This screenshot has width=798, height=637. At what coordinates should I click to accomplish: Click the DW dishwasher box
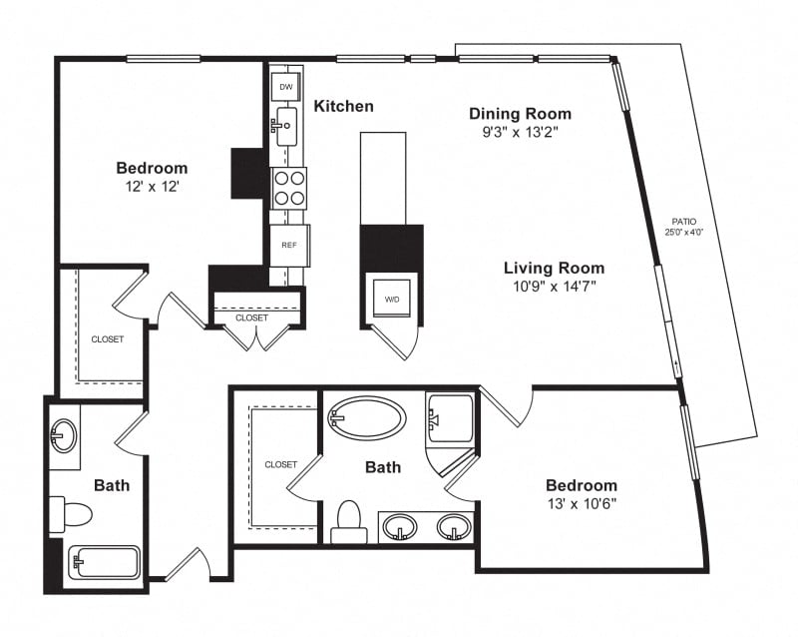point(285,87)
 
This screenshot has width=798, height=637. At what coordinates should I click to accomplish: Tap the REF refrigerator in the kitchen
point(289,246)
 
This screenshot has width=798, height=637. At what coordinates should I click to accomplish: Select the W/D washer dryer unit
point(392,300)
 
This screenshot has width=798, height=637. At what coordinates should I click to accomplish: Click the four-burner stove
point(288,188)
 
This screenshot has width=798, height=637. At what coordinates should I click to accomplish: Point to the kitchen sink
point(285,126)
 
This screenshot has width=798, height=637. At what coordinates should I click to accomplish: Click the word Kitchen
point(343,106)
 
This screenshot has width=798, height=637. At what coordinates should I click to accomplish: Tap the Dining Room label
point(520,114)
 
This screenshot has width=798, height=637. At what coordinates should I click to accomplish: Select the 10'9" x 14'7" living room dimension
point(555,287)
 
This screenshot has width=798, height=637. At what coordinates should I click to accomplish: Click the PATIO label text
point(684,222)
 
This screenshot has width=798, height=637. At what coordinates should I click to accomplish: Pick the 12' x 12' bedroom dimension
point(153,187)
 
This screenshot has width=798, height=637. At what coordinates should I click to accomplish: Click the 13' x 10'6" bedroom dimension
point(582,504)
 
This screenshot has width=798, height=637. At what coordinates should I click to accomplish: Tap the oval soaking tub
point(366,418)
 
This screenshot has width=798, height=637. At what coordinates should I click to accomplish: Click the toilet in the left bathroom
point(70,514)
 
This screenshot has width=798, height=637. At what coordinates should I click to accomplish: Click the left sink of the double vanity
point(400,527)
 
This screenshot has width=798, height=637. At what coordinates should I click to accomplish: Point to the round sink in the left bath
point(64,435)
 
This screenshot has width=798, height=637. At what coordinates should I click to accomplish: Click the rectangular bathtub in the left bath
point(104,562)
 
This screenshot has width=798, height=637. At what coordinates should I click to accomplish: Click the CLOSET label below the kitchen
point(251,318)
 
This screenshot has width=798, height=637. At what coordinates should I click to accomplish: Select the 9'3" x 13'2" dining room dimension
point(520,132)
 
